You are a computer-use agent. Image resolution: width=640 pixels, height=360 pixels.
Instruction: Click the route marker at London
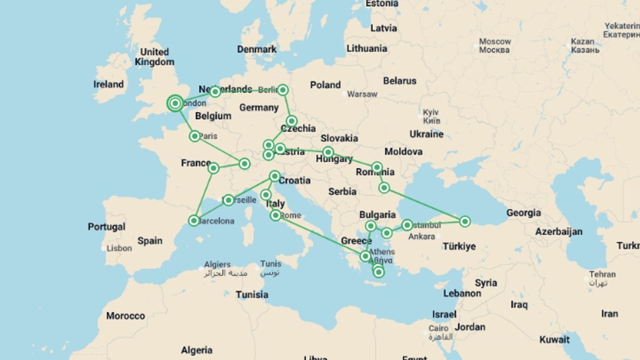point(175,103)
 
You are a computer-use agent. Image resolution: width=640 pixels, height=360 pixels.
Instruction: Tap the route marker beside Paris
point(195,136)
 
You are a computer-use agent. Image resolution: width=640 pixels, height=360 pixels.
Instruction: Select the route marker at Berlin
point(283,90)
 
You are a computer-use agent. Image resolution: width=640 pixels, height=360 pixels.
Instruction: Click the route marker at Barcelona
point(194,220)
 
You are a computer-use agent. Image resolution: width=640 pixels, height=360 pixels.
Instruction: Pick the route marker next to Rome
point(276,216)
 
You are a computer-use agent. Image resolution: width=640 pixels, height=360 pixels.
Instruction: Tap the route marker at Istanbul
point(407,225)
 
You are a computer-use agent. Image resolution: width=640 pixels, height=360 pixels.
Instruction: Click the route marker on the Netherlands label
point(215,92)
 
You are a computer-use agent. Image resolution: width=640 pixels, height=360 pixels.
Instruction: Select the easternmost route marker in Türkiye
point(465,221)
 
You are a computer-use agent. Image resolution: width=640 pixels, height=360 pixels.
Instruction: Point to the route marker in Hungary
point(328,152)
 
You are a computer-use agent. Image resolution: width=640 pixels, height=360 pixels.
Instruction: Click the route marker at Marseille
point(229,200)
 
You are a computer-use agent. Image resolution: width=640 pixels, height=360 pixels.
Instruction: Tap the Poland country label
point(325,85)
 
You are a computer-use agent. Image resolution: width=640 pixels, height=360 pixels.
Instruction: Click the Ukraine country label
point(426,134)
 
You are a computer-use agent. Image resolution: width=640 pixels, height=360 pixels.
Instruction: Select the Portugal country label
point(107,227)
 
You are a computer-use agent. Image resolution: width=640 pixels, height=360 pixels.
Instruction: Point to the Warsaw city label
point(362,94)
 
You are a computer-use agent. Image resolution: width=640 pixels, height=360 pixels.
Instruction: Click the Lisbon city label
point(119,248)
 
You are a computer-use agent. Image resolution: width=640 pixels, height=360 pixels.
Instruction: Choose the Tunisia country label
point(252,295)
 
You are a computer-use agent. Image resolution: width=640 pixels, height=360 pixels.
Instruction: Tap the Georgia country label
point(523,213)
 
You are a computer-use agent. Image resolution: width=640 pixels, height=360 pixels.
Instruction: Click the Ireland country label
point(108,84)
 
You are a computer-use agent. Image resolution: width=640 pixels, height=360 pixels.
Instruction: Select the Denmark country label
point(257,49)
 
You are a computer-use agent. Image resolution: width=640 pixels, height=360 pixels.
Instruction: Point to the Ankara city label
point(422,237)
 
